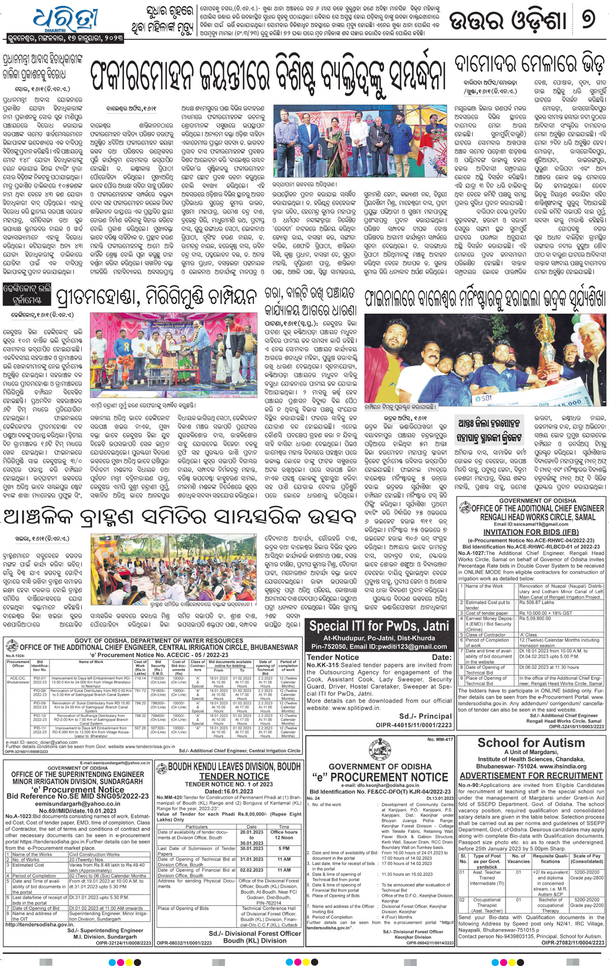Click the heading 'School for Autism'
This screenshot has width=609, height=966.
point(531,743)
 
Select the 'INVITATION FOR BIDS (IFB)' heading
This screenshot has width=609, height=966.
point(531,532)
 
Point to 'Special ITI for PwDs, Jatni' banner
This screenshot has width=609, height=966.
point(379,626)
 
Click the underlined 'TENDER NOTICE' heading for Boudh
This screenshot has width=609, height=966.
point(234,776)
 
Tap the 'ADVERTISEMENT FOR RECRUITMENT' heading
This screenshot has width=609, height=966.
point(531,776)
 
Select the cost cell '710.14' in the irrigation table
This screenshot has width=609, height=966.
point(140,678)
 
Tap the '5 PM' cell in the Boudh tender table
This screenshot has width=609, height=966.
point(283,848)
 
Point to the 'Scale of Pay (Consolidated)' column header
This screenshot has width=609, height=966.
point(587,859)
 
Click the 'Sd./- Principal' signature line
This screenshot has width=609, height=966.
point(425,716)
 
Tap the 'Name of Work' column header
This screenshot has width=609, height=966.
point(91,662)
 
